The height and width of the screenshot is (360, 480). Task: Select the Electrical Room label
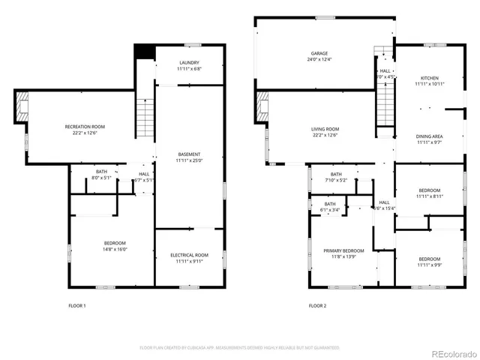click(x=189, y=255)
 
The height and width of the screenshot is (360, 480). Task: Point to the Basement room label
click(x=189, y=154)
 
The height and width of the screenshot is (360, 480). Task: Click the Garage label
click(x=320, y=53)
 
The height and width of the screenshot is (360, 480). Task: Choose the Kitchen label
click(x=429, y=77)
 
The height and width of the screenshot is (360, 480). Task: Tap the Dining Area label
click(x=429, y=136)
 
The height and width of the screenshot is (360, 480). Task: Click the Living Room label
click(x=325, y=129)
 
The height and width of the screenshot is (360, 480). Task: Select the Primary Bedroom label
click(x=343, y=250)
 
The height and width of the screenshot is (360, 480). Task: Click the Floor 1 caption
click(x=77, y=306)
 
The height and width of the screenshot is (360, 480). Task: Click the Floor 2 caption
click(x=318, y=306)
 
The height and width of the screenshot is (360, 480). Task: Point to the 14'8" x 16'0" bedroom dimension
click(x=115, y=249)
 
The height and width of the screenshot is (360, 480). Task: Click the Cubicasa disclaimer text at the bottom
click(x=240, y=348)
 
